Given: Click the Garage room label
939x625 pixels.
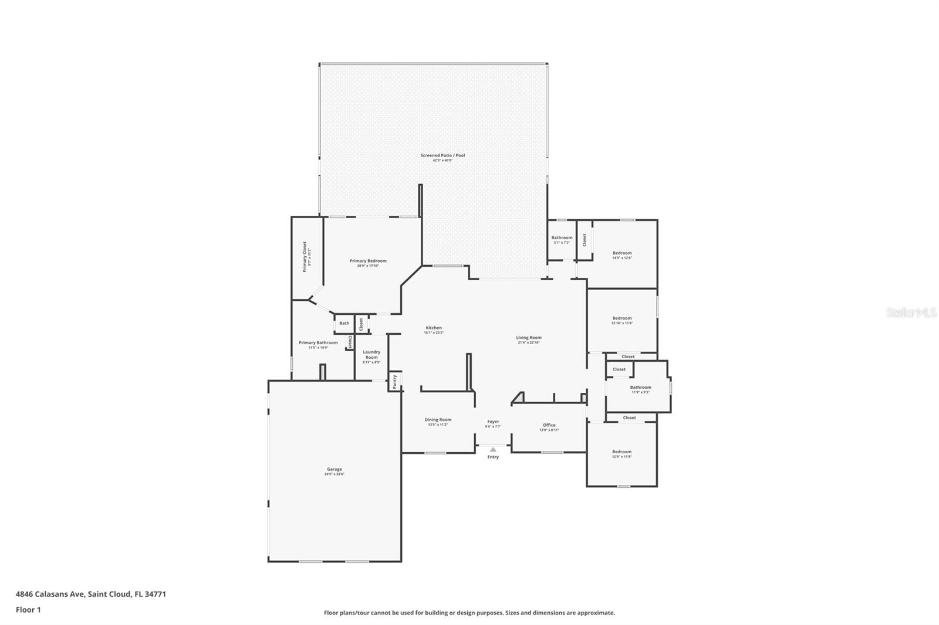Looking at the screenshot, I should point(334,469).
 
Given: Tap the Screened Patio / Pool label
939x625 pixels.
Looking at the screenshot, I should point(443,155).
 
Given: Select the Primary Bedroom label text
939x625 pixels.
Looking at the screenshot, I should point(368,261).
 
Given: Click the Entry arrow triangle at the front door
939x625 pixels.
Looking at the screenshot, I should point(493,450).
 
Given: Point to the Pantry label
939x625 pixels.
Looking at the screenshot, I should point(395,381).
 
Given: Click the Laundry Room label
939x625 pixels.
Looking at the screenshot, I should point(371,354).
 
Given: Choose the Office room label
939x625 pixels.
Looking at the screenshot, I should point(549,425).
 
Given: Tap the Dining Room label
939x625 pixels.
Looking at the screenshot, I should point(438,419).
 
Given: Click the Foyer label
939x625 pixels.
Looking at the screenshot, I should point(493,422).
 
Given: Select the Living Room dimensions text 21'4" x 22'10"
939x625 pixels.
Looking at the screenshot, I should point(528,342).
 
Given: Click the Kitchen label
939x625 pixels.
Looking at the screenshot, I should point(434,328).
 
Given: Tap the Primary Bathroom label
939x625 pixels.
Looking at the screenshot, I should point(318,342).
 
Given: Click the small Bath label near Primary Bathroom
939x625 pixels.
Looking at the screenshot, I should point(344,323).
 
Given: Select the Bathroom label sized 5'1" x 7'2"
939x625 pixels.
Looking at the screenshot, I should point(562,237).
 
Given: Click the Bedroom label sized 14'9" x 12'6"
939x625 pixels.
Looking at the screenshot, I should point(622,253).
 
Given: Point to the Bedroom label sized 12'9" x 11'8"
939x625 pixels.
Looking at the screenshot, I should point(622,451).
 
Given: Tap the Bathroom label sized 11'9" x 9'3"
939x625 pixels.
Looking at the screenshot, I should point(640,387).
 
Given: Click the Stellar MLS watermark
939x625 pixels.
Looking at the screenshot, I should point(911,313).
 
